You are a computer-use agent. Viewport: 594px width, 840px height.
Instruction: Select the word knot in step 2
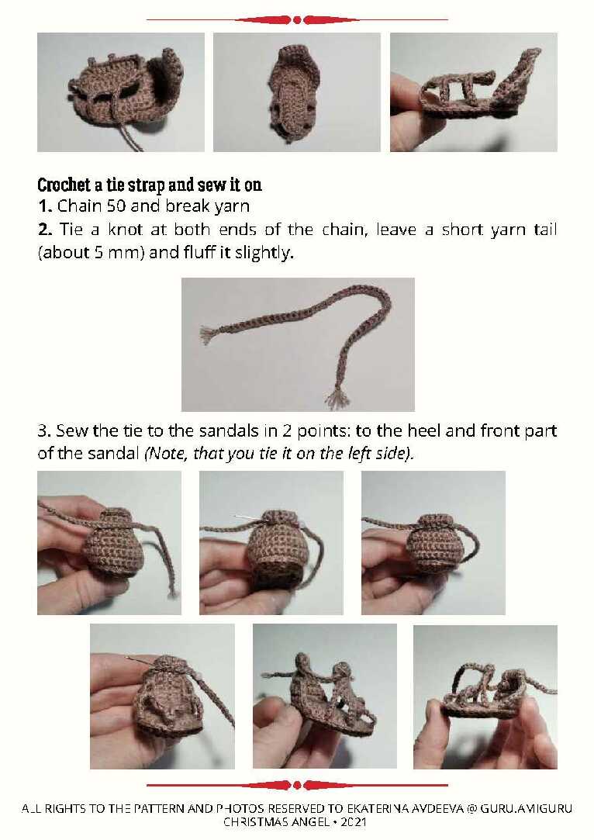125,230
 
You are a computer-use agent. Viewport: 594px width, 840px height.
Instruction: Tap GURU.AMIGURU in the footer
526,808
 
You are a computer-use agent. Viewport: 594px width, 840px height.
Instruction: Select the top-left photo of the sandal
121,92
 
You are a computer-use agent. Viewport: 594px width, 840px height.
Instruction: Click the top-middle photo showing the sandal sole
297,92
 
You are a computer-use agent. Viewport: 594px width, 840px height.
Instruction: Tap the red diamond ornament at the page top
297,20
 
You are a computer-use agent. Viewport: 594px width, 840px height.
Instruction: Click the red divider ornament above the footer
297,786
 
